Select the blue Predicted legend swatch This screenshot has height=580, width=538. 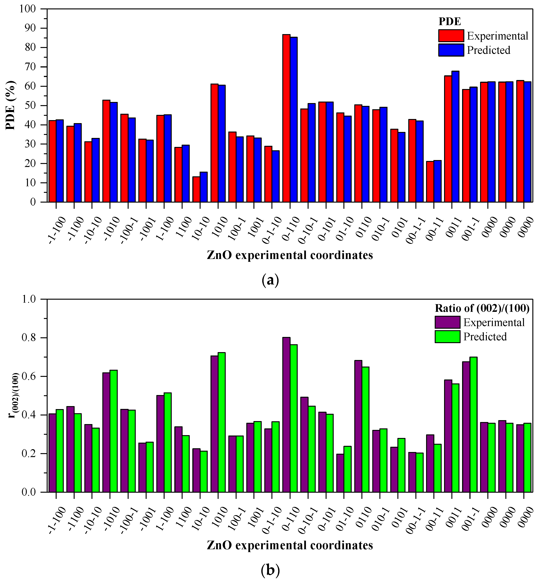451,50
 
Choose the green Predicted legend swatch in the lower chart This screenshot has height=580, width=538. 447,336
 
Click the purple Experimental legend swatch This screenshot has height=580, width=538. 447,322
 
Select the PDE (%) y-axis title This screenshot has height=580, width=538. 10,105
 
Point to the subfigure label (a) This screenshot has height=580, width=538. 270,280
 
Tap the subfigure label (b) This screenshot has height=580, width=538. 270,570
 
